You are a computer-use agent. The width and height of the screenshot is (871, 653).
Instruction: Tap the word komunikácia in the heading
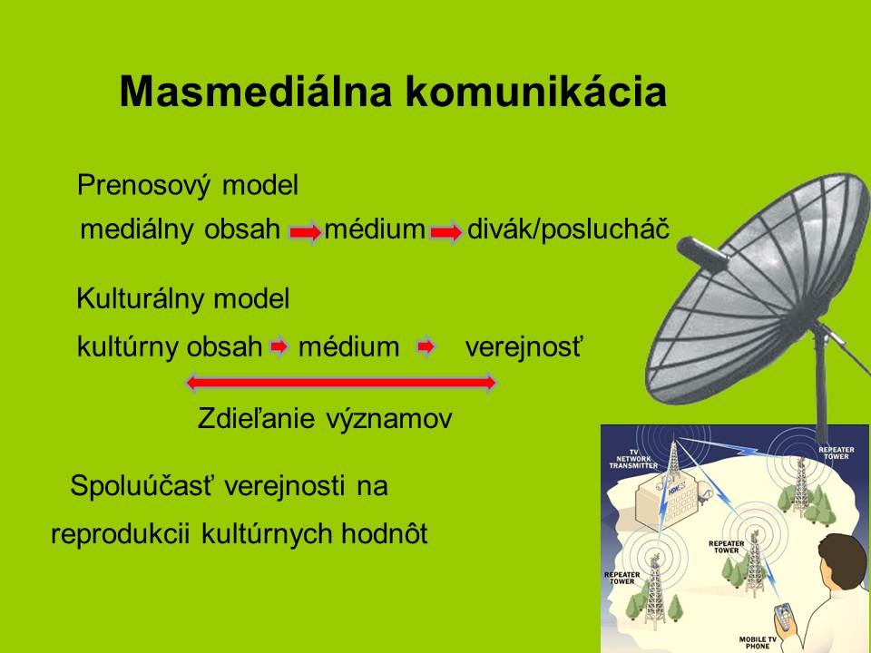(536, 91)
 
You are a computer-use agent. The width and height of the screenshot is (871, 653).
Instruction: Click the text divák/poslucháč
(568, 229)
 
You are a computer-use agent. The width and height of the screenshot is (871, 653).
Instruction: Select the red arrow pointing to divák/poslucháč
(446, 231)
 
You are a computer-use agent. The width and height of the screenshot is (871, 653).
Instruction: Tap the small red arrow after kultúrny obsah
(279, 347)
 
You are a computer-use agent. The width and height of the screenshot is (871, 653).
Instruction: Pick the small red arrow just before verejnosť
(426, 347)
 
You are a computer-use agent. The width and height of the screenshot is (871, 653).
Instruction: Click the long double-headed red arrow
(340, 382)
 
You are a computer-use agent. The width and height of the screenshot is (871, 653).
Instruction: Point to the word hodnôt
(385, 533)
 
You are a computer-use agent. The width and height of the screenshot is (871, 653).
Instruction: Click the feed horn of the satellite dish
(702, 254)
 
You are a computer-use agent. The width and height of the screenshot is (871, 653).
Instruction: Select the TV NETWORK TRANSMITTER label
(634, 459)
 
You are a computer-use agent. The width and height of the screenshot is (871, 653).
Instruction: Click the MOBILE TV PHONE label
(758, 642)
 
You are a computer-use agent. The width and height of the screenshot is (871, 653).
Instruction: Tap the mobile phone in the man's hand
(784, 616)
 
